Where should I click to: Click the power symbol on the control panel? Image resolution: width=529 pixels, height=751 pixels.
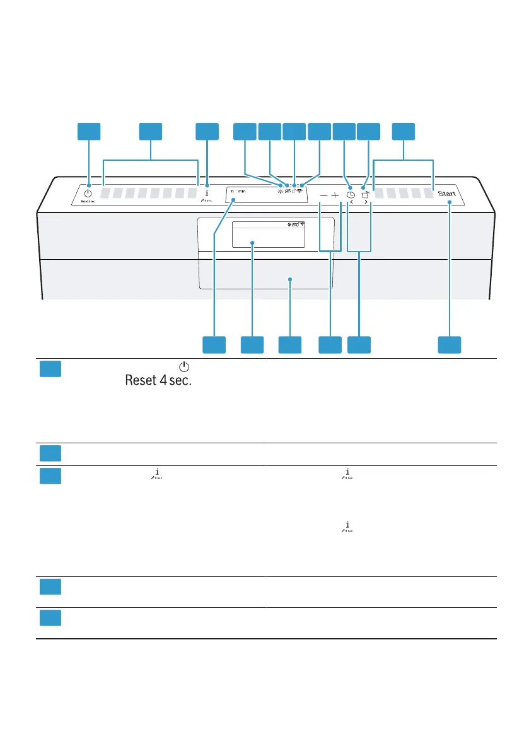click(x=88, y=194)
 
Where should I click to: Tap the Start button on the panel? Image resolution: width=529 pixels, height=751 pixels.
click(x=449, y=194)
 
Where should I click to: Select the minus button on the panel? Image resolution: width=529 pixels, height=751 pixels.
click(x=323, y=195)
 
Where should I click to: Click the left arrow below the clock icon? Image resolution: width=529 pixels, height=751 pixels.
click(x=351, y=203)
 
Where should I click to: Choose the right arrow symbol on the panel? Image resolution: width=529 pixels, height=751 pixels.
click(x=366, y=203)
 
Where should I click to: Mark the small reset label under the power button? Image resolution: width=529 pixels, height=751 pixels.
click(x=88, y=202)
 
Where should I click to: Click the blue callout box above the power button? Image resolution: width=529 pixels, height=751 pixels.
click(x=89, y=131)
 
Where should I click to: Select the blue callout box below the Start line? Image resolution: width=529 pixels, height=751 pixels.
click(x=450, y=345)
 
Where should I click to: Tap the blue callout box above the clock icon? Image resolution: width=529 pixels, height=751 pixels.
click(x=344, y=131)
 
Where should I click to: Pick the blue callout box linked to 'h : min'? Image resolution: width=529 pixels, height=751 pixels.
click(x=214, y=345)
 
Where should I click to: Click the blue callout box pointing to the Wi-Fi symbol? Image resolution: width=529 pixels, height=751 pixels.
click(x=319, y=131)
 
